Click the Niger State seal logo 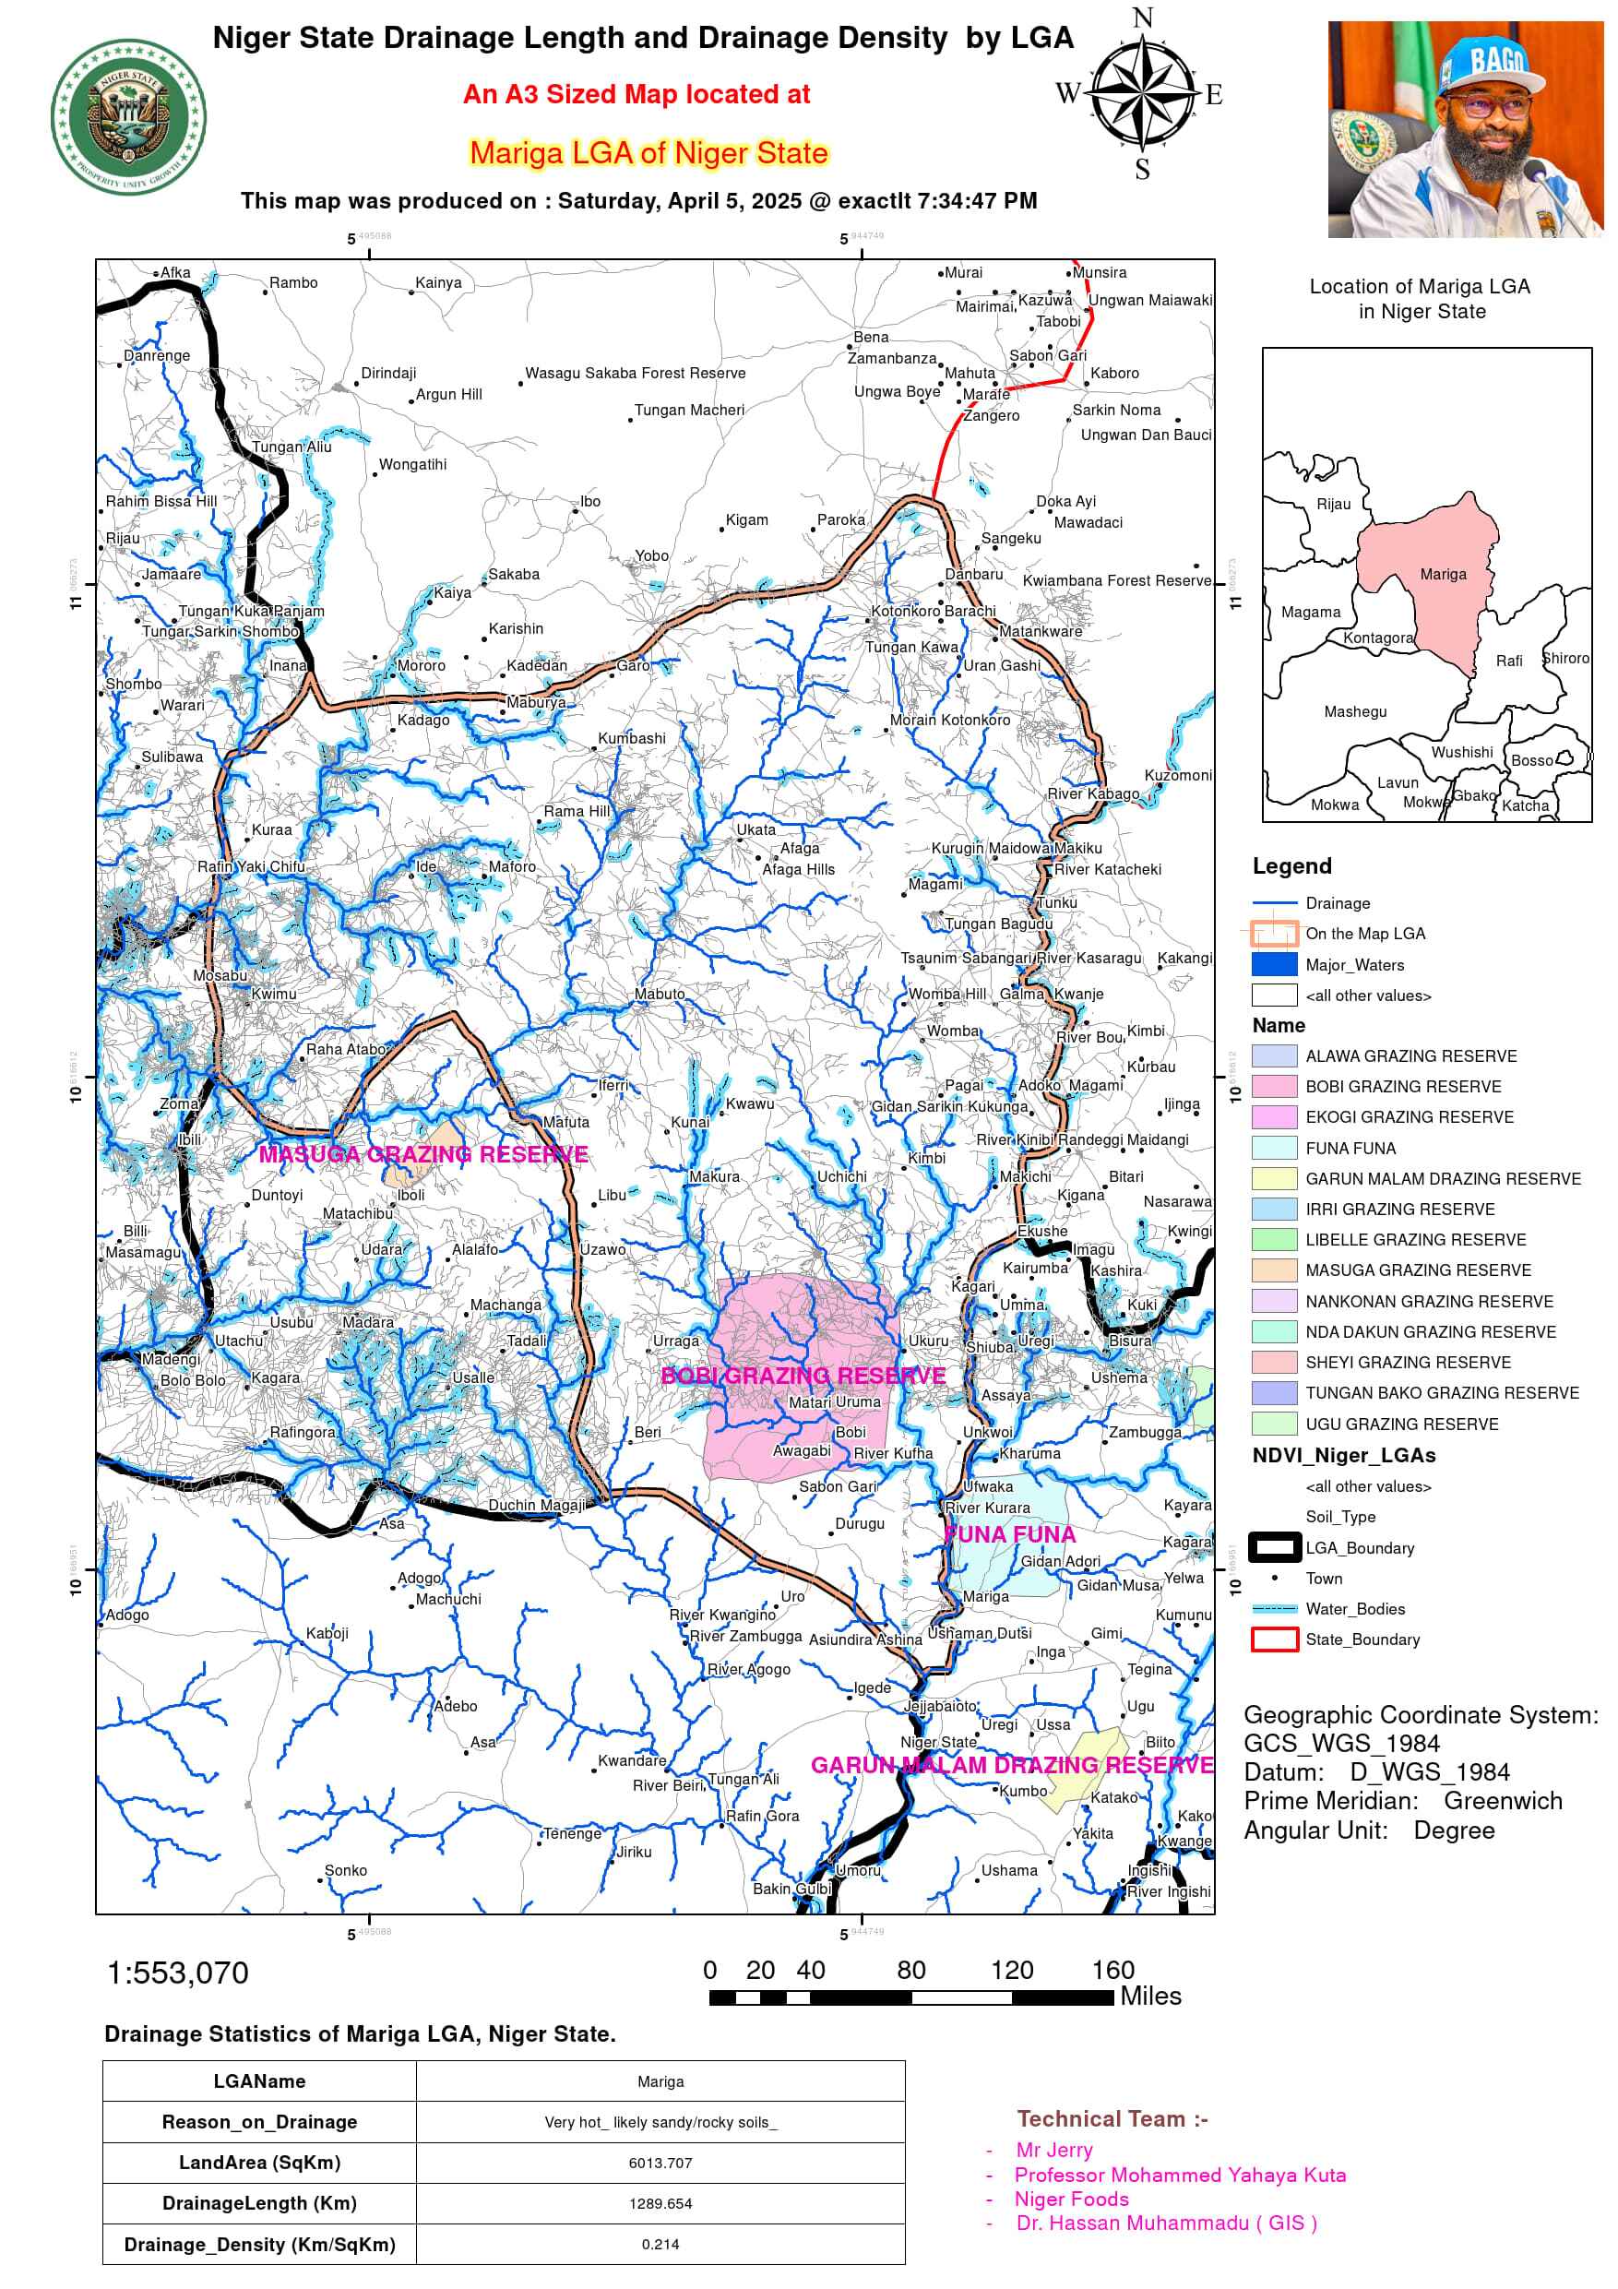pyautogui.click(x=128, y=118)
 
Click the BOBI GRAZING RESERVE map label pyautogui.click(x=803, y=1376)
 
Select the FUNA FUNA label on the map pyautogui.click(x=1009, y=1534)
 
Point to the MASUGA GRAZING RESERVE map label pyautogui.click(x=422, y=1154)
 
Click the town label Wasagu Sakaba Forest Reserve pyautogui.click(x=635, y=373)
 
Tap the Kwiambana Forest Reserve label pyautogui.click(x=1116, y=580)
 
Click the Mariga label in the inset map pyautogui.click(x=1443, y=574)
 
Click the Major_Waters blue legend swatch pyautogui.click(x=1274, y=964)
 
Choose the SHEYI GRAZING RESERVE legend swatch pyautogui.click(x=1274, y=1362)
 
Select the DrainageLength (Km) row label pyautogui.click(x=259, y=2203)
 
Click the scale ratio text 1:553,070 pyautogui.click(x=177, y=1973)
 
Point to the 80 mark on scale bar pyautogui.click(x=910, y=1971)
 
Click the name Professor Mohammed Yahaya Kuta pyautogui.click(x=1179, y=2175)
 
